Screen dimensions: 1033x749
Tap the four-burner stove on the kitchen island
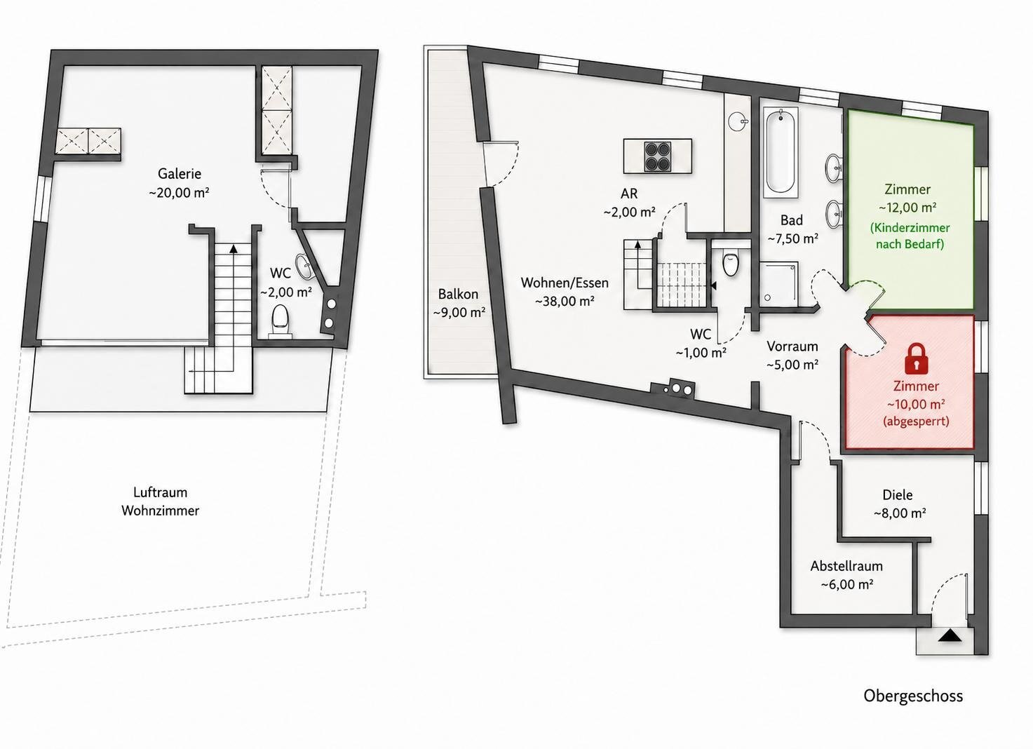tap(656, 156)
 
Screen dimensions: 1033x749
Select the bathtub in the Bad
tap(781, 153)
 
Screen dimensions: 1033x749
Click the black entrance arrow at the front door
tap(950, 637)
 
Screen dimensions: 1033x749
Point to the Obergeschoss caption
tap(913, 696)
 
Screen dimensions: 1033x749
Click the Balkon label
tap(458, 294)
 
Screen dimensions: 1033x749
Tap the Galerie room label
tap(180, 174)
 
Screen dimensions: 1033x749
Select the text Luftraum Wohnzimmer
tap(161, 501)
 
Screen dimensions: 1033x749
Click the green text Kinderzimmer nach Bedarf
tap(910, 236)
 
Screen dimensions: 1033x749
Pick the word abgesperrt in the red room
tap(916, 421)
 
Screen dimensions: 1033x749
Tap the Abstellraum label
tap(846, 566)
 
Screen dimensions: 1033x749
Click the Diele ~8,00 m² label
tap(899, 504)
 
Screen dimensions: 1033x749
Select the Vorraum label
tap(792, 346)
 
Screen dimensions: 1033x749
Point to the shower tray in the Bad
tap(778, 285)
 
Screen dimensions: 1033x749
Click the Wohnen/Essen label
tap(565, 283)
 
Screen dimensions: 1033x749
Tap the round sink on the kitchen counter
tap(738, 122)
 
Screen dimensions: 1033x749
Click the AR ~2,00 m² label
tap(630, 203)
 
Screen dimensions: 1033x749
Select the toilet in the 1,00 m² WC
tap(731, 262)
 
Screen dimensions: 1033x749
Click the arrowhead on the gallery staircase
tap(234, 249)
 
